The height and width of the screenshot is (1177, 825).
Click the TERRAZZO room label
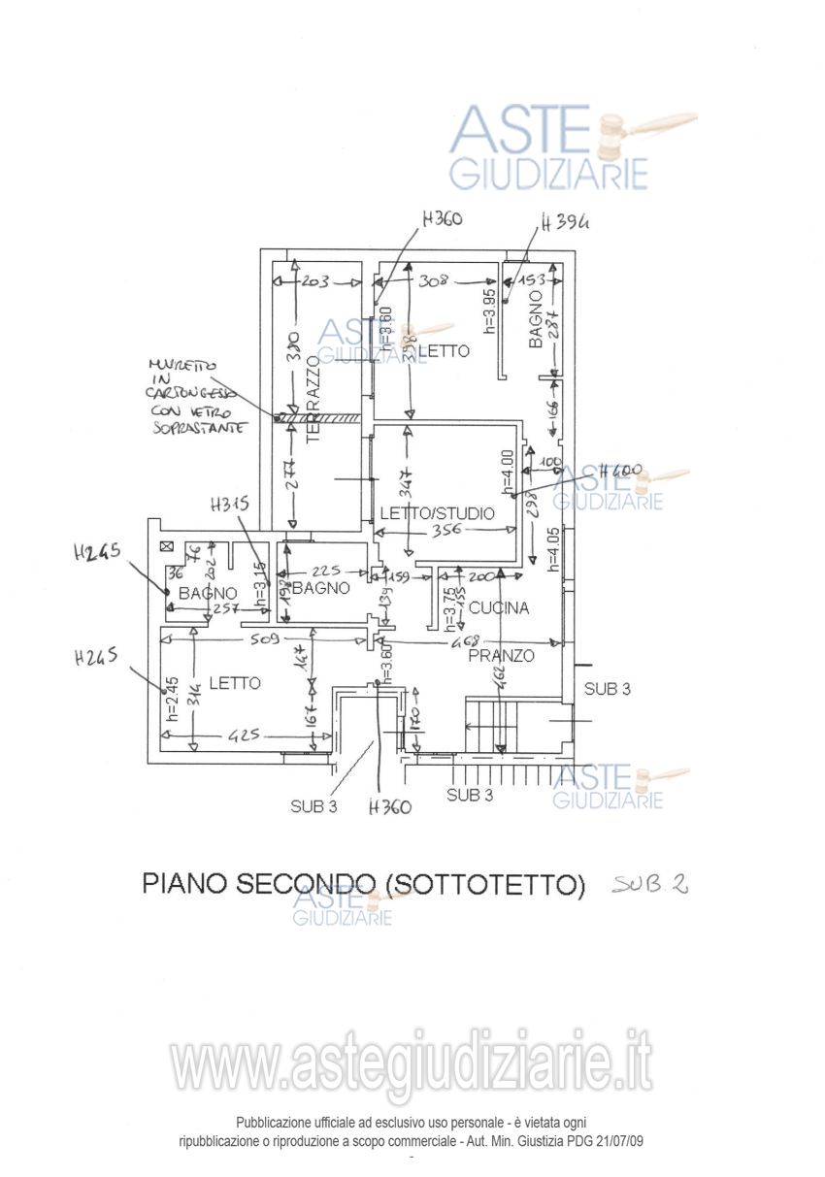pyautogui.click(x=313, y=398)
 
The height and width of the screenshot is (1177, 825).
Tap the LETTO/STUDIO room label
pyautogui.click(x=437, y=512)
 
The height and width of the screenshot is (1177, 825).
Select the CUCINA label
pyautogui.click(x=499, y=608)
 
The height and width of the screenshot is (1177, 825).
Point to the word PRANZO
pyautogui.click(x=501, y=656)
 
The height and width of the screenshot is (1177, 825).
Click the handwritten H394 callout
pyautogui.click(x=566, y=222)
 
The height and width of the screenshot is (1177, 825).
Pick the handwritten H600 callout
pyautogui.click(x=621, y=472)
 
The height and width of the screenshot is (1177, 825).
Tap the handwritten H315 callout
pyautogui.click(x=230, y=504)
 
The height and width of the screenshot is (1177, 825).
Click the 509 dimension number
pyautogui.click(x=264, y=639)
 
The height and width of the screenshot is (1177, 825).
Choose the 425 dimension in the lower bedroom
pyautogui.click(x=243, y=735)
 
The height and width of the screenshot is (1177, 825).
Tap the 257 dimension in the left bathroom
pyautogui.click(x=226, y=608)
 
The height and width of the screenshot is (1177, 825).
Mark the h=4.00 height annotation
pyautogui.click(x=507, y=470)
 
